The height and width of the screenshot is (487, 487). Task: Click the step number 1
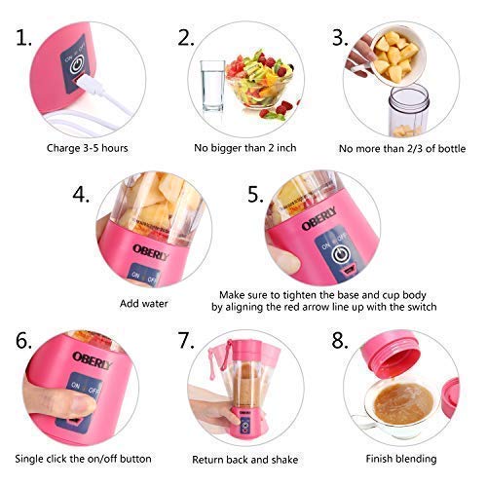tap(23, 38)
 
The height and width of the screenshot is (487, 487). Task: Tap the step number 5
tap(255, 195)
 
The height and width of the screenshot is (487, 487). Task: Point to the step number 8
tap(340, 341)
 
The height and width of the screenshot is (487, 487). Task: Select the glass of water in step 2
tap(212, 86)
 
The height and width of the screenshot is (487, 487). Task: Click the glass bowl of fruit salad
tap(260, 81)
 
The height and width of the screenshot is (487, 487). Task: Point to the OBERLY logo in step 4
tap(150, 252)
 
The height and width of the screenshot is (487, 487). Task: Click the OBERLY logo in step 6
tap(92, 359)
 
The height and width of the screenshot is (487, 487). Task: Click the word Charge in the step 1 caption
tap(63, 148)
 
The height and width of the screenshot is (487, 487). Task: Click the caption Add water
tap(144, 304)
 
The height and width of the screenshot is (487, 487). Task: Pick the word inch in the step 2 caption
tap(286, 148)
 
